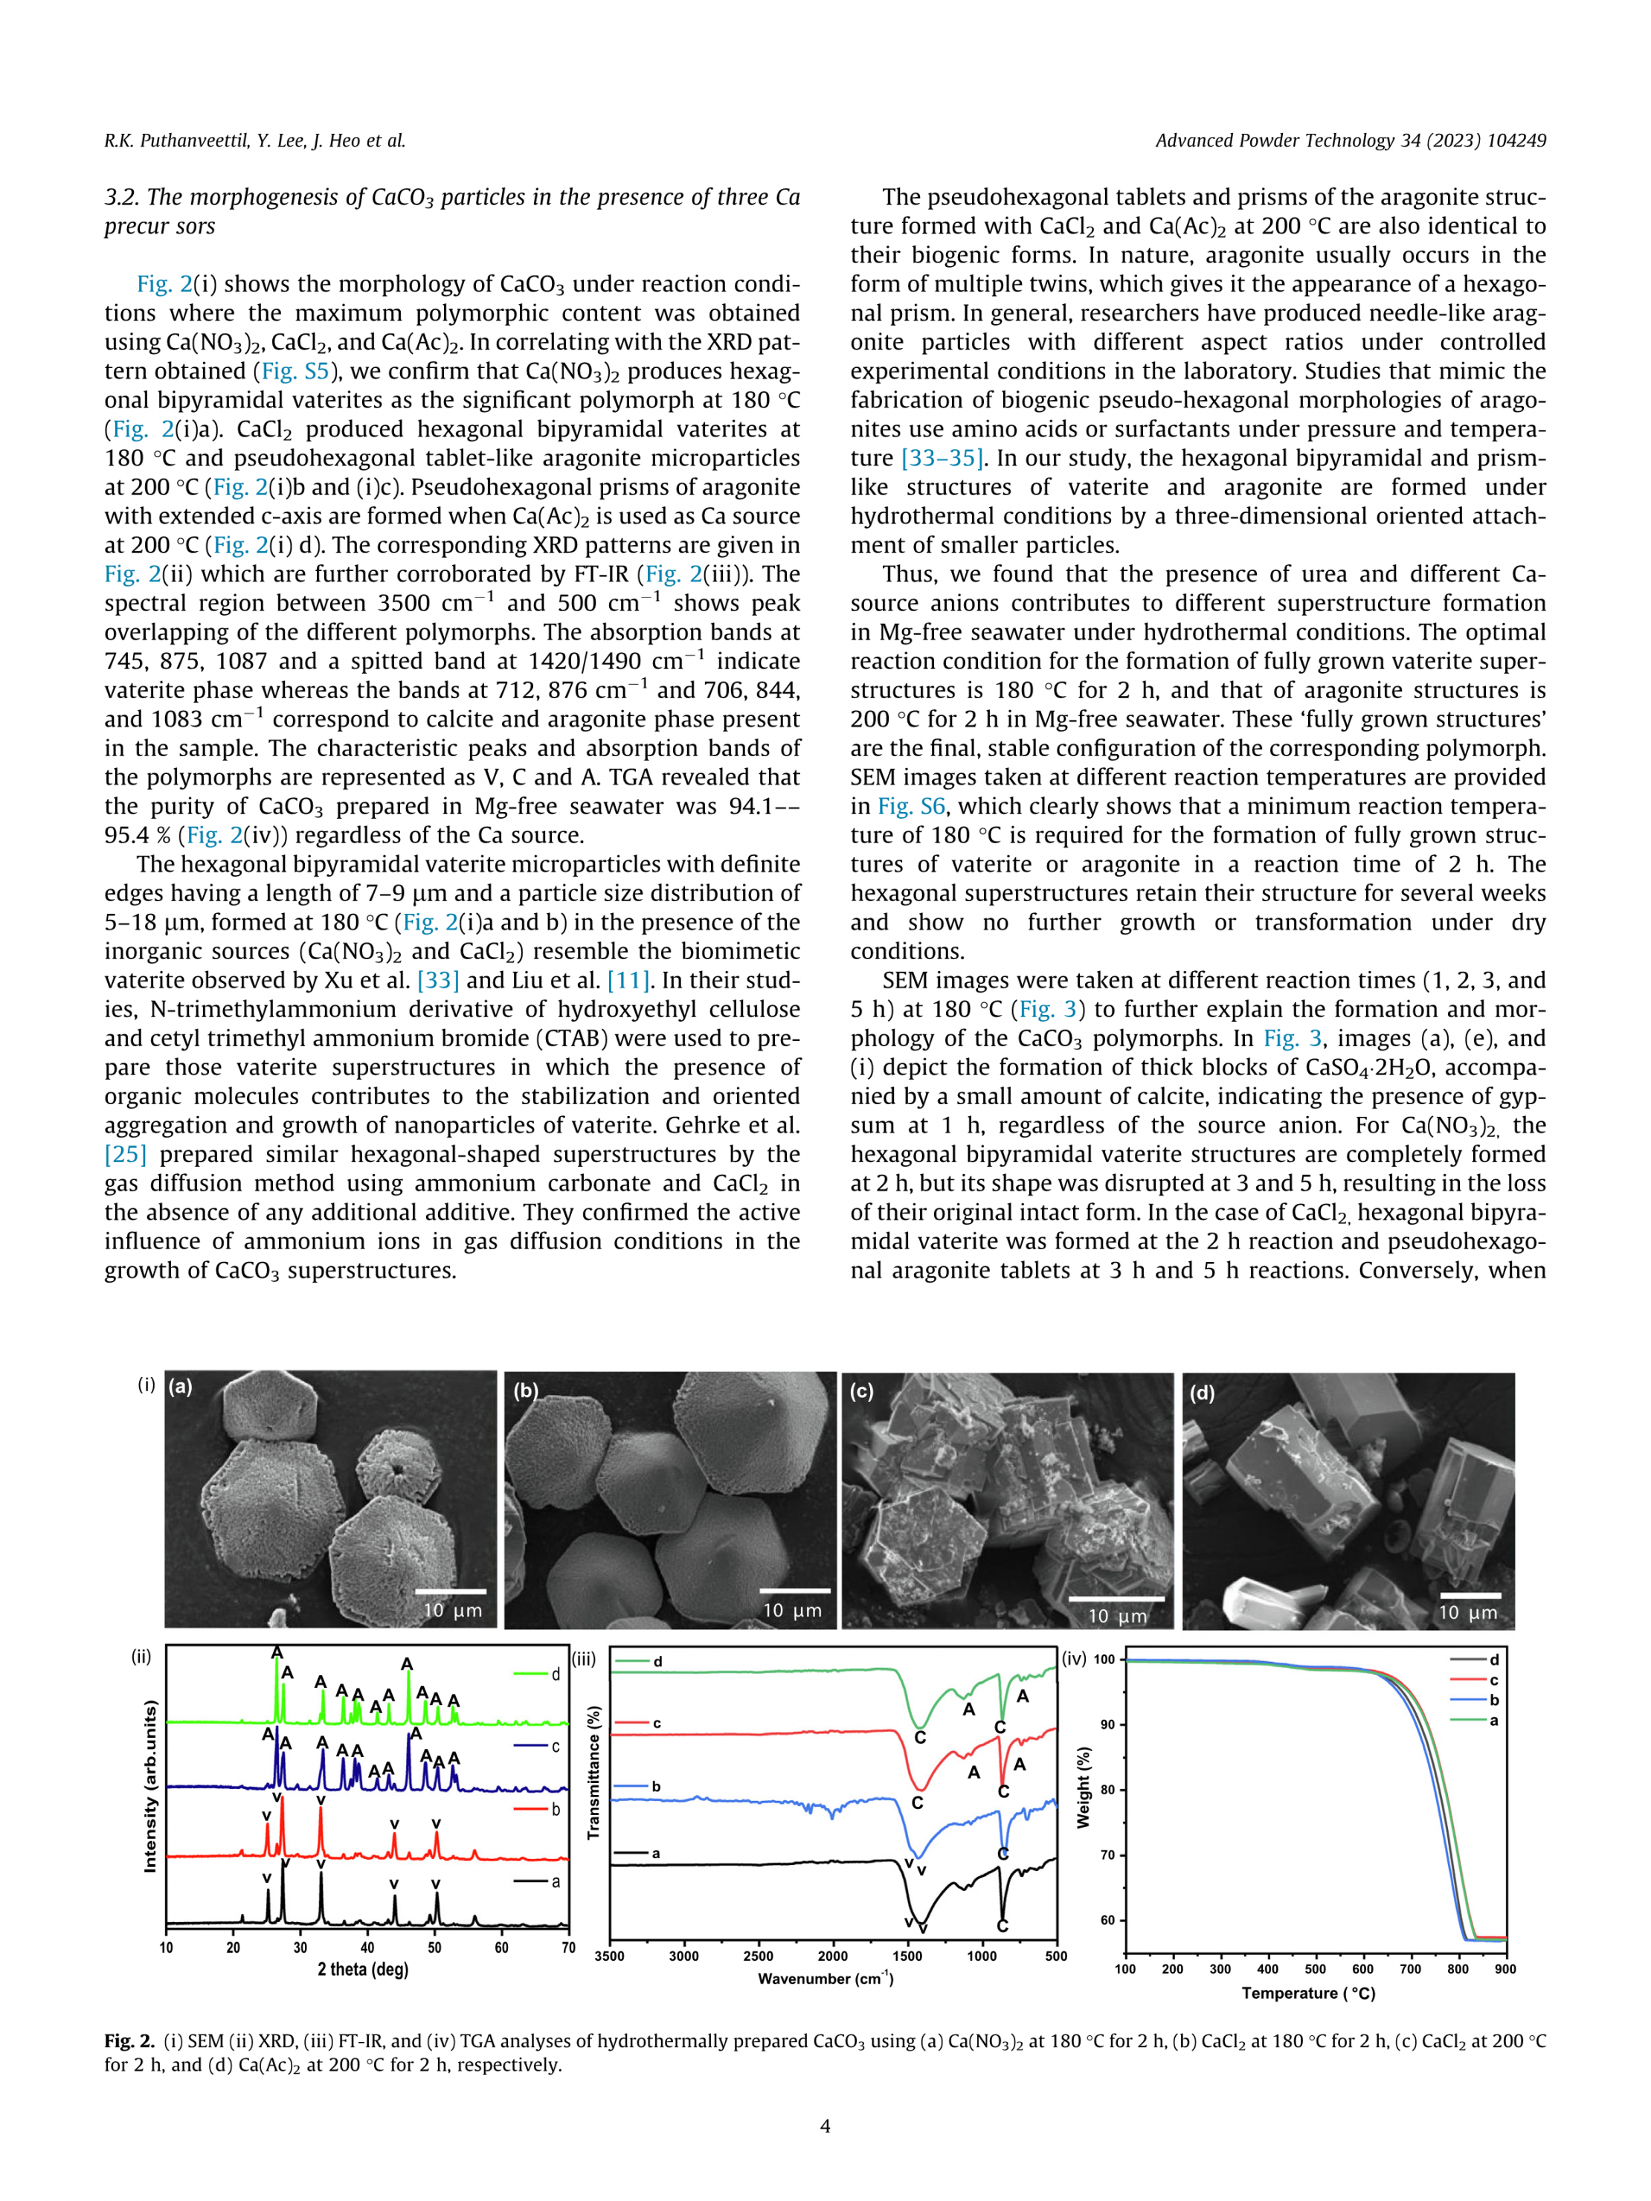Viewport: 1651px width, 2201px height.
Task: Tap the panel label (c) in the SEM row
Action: click(861, 1391)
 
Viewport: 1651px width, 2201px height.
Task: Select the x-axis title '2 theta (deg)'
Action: click(363, 1969)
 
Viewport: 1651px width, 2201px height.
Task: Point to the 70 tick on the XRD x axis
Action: click(568, 1947)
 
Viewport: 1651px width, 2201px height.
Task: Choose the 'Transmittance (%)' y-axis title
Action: click(594, 1772)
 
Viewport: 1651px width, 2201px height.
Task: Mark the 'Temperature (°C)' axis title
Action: click(1307, 1993)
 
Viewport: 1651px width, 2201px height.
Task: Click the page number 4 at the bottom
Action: click(825, 2127)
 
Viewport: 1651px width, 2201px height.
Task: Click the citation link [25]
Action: click(126, 1154)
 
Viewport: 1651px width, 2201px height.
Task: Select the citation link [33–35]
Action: click(942, 458)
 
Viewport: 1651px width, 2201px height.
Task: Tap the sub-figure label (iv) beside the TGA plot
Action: click(1074, 1659)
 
